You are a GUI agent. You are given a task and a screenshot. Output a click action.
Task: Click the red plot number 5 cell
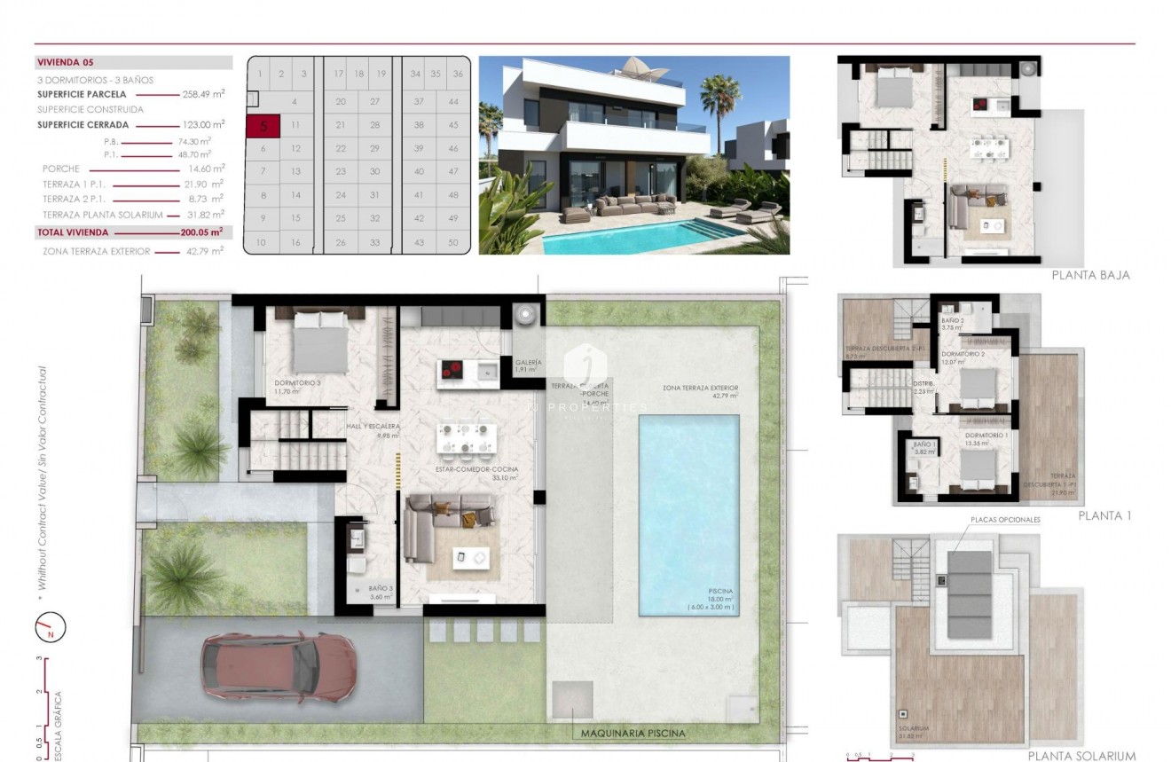click(263, 126)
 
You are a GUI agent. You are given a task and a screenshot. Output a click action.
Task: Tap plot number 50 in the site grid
click(453, 242)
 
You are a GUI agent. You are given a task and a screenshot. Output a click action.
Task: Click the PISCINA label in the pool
click(720, 590)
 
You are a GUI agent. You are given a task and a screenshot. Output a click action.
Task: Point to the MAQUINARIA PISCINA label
click(633, 734)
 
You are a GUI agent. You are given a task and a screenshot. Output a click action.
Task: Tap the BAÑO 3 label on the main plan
click(381, 588)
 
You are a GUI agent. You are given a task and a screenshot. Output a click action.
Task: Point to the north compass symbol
click(51, 629)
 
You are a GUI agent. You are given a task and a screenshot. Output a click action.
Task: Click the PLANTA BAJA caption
click(1090, 275)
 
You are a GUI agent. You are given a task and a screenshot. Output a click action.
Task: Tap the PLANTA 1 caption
click(1104, 515)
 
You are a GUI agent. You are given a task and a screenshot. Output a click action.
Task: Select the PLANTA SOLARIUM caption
click(1081, 756)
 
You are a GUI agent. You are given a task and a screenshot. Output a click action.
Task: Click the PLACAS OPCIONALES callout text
click(1005, 520)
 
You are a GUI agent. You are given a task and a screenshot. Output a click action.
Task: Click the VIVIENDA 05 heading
click(66, 63)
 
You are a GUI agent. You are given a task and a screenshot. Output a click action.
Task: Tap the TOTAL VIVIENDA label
click(73, 232)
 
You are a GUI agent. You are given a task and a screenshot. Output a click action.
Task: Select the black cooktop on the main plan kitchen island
click(454, 372)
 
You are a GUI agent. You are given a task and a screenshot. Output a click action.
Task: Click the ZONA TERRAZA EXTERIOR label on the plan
click(700, 389)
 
